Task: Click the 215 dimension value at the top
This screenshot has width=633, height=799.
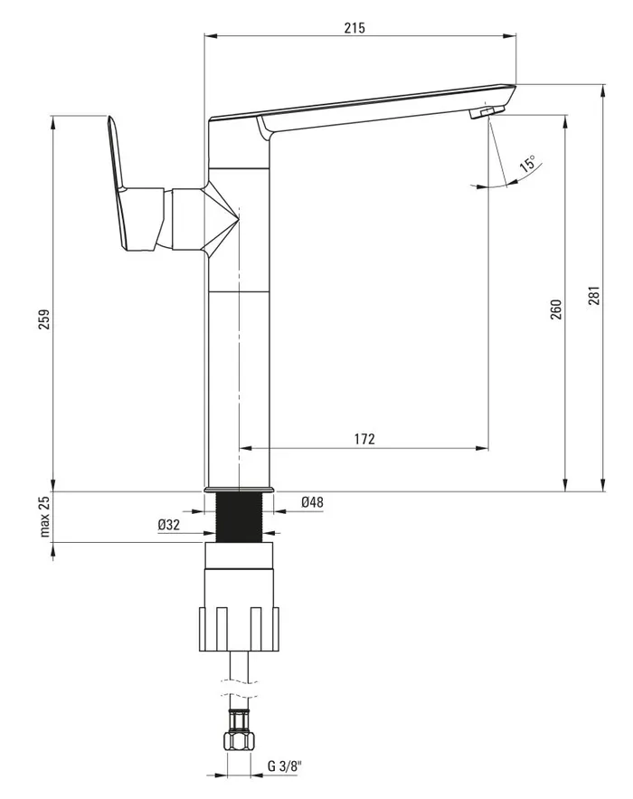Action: [x=354, y=27]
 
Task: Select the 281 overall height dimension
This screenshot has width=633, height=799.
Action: [x=594, y=296]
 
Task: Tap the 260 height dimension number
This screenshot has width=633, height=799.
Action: [x=556, y=309]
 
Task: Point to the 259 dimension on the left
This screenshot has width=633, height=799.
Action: [x=44, y=319]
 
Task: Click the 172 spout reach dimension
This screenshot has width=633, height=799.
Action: [x=364, y=439]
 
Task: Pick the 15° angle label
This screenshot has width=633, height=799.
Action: [x=527, y=164]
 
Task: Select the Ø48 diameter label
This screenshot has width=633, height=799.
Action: [x=312, y=502]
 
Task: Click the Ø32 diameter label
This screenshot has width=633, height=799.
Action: [x=168, y=524]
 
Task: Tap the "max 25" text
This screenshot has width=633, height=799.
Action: [x=45, y=516]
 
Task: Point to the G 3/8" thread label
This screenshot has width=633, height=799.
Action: [x=285, y=766]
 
